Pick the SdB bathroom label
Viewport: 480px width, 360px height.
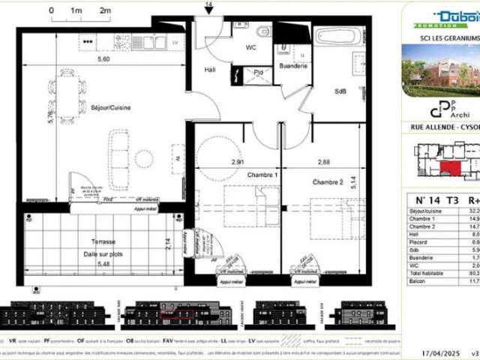point(340,91)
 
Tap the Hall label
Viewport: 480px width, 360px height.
point(211,70)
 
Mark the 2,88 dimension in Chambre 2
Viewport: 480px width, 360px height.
point(302,162)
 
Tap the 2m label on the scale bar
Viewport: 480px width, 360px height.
point(105,11)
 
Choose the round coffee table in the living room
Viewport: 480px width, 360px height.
point(143,158)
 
